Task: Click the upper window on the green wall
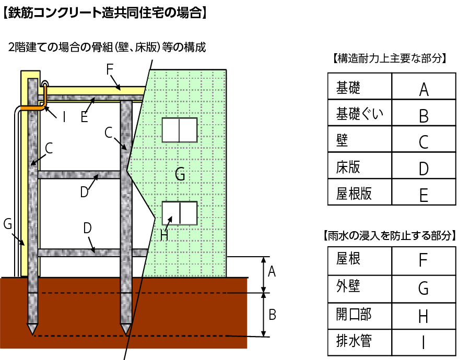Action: pyautogui.click(x=179, y=130)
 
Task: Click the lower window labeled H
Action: pyautogui.click(x=179, y=213)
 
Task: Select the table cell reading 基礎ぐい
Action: pyautogui.click(x=359, y=113)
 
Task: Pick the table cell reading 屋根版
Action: pyautogui.click(x=359, y=194)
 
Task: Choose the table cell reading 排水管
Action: pyautogui.click(x=359, y=342)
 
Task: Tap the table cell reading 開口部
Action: pyautogui.click(x=359, y=315)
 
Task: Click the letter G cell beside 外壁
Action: pyautogui.click(x=424, y=288)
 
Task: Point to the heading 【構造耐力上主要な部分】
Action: pyautogui.click(x=390, y=58)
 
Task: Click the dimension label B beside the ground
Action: pyautogui.click(x=273, y=315)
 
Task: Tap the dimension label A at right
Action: pyautogui.click(x=272, y=271)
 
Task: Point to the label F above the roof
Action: pyautogui.click(x=109, y=69)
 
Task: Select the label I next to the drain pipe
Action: pyautogui.click(x=64, y=117)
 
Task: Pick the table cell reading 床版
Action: pyautogui.click(x=359, y=167)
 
